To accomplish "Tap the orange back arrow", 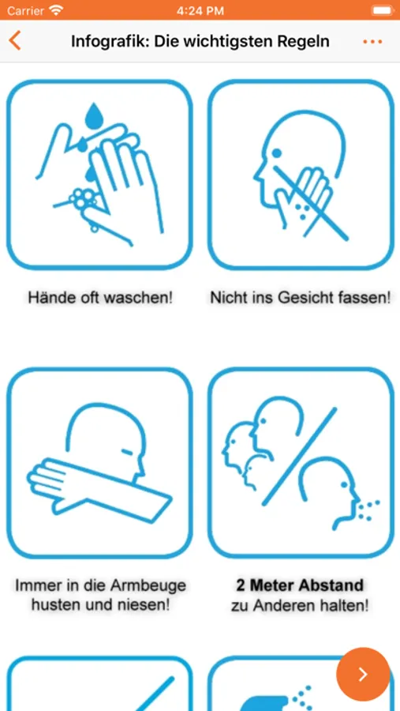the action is click(x=14, y=41).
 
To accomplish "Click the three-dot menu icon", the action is click(x=372, y=42).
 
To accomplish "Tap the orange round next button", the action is click(x=363, y=675).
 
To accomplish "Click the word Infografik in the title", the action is click(x=108, y=42).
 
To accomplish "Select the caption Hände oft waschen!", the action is click(x=100, y=298).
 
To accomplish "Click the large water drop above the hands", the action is click(x=95, y=115).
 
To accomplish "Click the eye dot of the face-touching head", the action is click(x=277, y=153).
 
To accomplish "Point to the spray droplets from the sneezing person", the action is click(x=367, y=510).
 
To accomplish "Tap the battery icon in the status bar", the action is click(x=382, y=10).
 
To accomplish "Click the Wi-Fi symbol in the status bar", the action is click(x=56, y=10).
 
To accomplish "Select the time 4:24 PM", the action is click(x=200, y=10).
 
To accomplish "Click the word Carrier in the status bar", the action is click(x=25, y=10).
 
